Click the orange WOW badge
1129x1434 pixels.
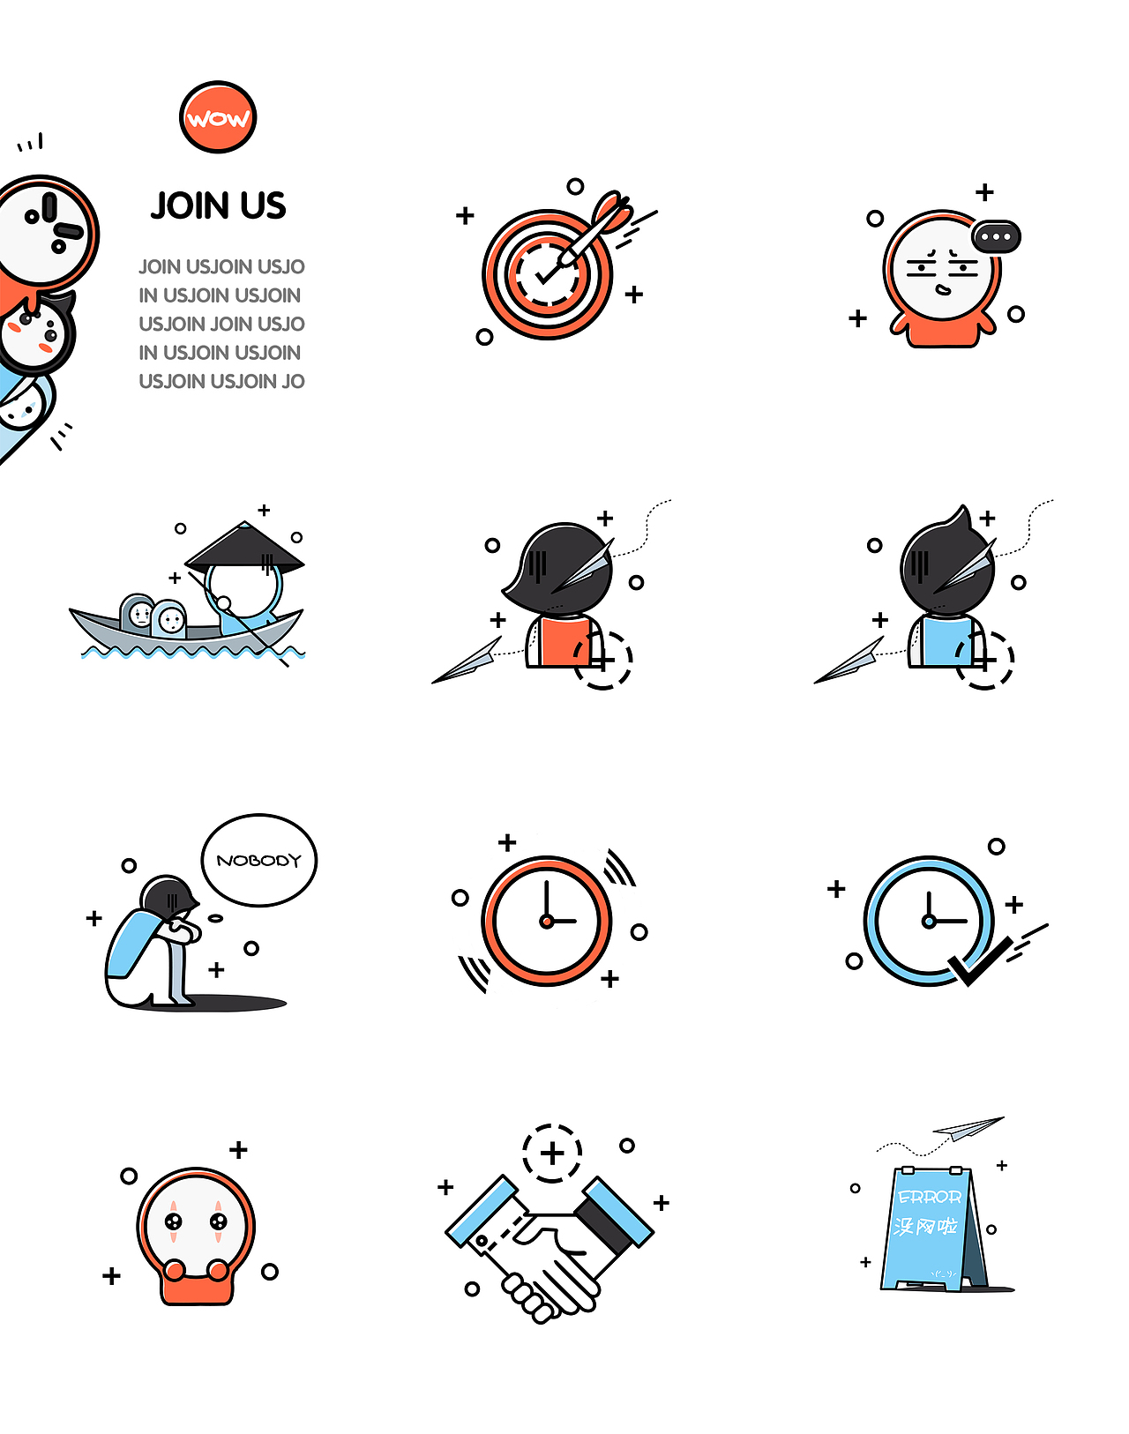(218, 117)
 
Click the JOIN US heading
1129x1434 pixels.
(218, 205)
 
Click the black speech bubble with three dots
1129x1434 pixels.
(997, 236)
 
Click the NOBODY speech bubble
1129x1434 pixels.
(259, 860)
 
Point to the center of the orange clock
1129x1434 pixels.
(547, 922)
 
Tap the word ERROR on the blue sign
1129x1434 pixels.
(929, 1198)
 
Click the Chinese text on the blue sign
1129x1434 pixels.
(926, 1226)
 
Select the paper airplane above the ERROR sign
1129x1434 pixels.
(968, 1128)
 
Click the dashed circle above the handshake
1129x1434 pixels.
(552, 1154)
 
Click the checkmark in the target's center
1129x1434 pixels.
(547, 274)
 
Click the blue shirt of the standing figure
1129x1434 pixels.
(947, 642)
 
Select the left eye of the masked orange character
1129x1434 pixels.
(173, 1221)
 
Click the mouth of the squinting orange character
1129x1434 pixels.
(943, 290)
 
